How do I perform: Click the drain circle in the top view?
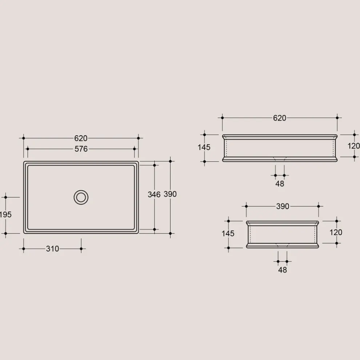click(x=81, y=190)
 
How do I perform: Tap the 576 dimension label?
click(x=81, y=149)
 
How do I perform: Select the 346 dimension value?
click(x=154, y=195)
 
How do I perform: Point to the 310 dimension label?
click(x=52, y=249)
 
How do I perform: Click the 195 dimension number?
click(x=5, y=215)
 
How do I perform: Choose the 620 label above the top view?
click(x=81, y=138)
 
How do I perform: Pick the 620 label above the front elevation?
click(x=280, y=118)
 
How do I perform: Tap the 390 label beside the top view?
click(x=170, y=194)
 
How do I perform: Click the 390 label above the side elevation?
click(x=283, y=206)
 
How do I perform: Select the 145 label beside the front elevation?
click(x=204, y=147)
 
